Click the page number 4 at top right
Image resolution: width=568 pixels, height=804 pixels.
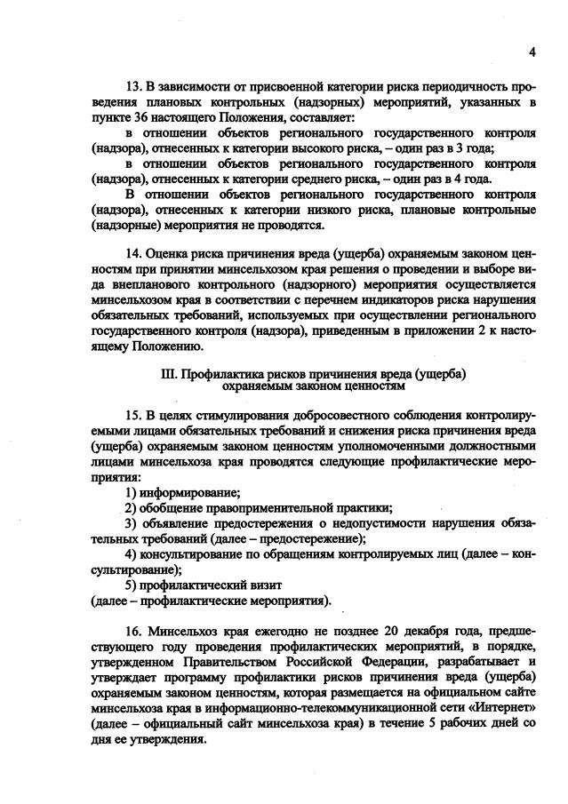[532, 52]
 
